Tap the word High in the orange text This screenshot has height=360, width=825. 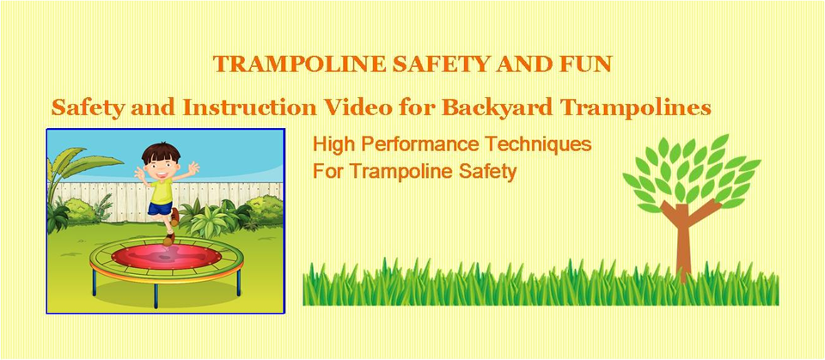(333, 144)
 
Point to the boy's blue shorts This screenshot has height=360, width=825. (160, 209)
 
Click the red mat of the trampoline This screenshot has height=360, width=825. (166, 257)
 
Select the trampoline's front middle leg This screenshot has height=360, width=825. (156, 296)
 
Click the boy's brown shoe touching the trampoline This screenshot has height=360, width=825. (168, 240)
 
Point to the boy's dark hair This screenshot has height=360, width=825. (161, 153)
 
